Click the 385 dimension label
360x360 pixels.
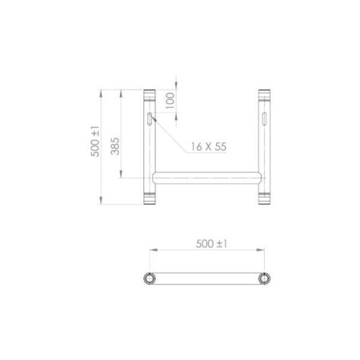point(115,146)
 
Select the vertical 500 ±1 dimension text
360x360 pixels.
point(95,141)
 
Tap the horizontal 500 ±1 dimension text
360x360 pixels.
point(211,244)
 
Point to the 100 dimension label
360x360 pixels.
point(170,101)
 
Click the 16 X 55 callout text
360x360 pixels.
point(209,147)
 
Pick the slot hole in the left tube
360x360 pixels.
point(150,119)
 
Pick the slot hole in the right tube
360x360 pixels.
point(264,119)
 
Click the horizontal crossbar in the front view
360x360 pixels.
point(207,178)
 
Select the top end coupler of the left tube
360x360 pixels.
point(150,95)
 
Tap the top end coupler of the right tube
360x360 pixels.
point(264,95)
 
